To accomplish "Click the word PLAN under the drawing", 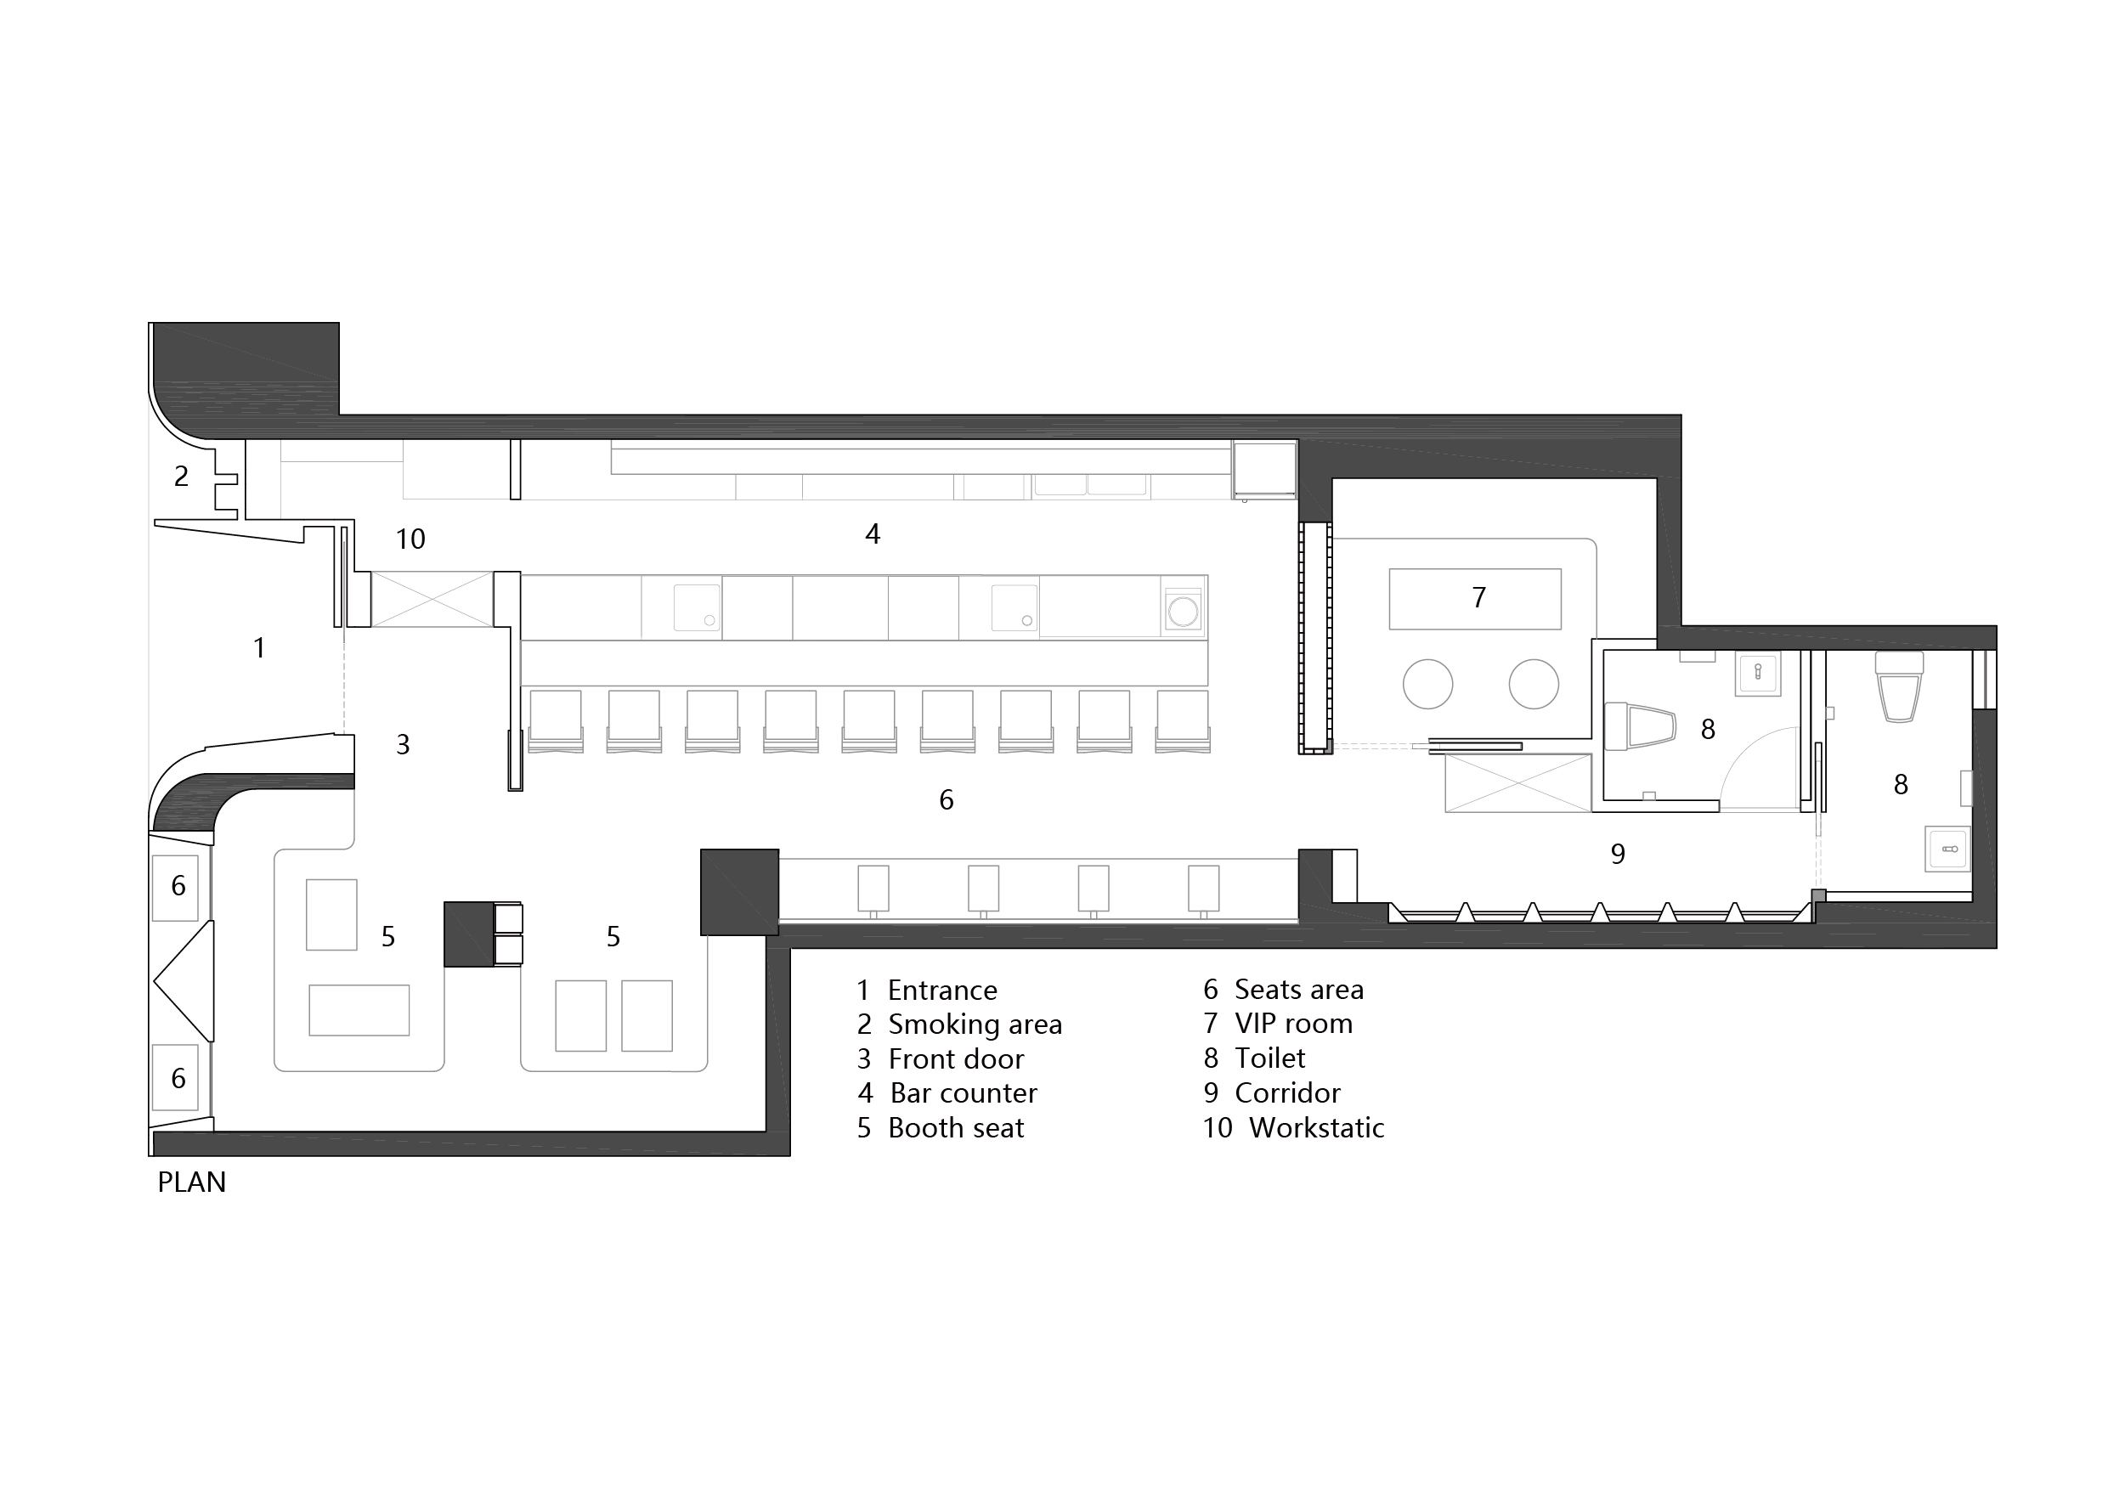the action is [191, 1182].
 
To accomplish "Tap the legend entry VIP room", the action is [1294, 1023].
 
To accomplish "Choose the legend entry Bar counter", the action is [964, 1092].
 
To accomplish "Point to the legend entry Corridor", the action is [1287, 1092].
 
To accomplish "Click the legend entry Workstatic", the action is [1317, 1127].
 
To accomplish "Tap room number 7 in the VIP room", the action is [1478, 598].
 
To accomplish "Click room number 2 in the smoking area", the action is [181, 476].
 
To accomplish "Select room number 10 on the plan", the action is [410, 539].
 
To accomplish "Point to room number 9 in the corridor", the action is [1618, 854].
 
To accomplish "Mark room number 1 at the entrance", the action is [260, 648].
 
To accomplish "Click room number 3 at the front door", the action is [402, 744].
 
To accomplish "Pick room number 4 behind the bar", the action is [873, 533].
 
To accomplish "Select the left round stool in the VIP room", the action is [1427, 684].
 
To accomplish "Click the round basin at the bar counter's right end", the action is [1183, 611].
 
